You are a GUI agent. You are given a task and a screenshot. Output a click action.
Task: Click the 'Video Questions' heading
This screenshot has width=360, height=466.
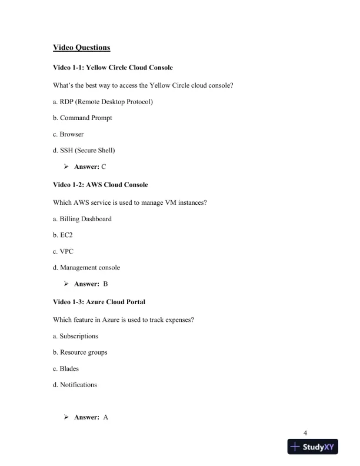pyautogui.click(x=81, y=47)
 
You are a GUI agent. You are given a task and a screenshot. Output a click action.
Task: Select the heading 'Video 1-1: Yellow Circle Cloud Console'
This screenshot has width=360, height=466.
pyautogui.click(x=112, y=69)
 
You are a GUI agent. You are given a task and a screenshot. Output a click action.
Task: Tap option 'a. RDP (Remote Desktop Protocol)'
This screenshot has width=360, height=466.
pyautogui.click(x=102, y=102)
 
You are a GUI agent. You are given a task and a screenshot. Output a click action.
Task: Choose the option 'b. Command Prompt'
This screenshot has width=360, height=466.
pyautogui.click(x=82, y=118)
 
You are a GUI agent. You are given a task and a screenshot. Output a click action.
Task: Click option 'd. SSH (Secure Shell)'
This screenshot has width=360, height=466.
pyautogui.click(x=84, y=151)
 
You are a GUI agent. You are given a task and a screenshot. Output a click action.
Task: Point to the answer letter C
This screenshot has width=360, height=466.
pyautogui.click(x=104, y=167)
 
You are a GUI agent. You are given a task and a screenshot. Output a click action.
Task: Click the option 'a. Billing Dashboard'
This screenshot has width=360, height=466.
pyautogui.click(x=82, y=219)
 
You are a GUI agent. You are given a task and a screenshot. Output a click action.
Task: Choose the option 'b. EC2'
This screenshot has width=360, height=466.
pyautogui.click(x=64, y=235)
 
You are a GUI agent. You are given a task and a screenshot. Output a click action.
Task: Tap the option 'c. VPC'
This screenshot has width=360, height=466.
pyautogui.click(x=63, y=251)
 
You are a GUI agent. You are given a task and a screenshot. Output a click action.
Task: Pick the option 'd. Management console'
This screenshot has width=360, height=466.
pyautogui.click(x=86, y=268)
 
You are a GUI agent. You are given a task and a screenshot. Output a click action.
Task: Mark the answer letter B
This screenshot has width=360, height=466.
pyautogui.click(x=105, y=284)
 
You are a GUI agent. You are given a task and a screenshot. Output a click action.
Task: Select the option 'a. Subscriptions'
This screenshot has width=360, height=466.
pyautogui.click(x=75, y=336)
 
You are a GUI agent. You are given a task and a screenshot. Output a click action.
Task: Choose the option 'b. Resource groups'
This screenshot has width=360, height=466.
pyautogui.click(x=79, y=352)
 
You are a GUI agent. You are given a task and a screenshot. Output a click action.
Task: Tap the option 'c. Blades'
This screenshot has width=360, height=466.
pyautogui.click(x=65, y=369)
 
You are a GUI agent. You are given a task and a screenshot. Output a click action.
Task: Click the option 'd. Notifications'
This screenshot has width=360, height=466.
pyautogui.click(x=75, y=385)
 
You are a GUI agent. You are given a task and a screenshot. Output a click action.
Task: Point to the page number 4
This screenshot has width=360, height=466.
pyautogui.click(x=305, y=434)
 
